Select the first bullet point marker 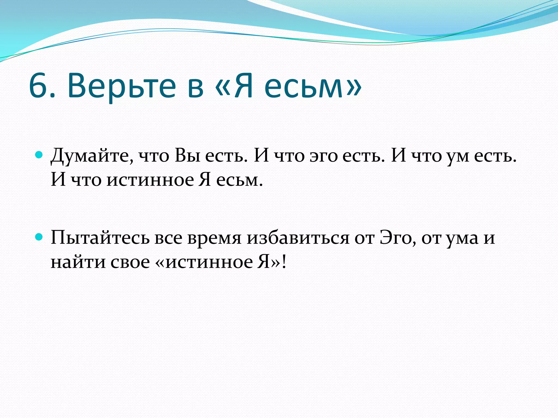tap(39, 155)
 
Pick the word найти tap(78, 262)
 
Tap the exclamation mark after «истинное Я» tap(284, 262)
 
